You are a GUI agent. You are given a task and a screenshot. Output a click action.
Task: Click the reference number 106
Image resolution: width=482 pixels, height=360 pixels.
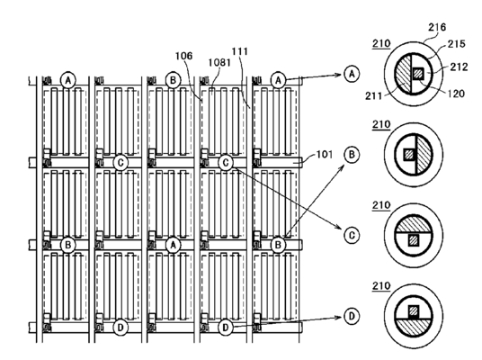(183, 56)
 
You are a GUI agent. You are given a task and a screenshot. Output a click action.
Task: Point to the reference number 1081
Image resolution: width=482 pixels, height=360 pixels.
(219, 62)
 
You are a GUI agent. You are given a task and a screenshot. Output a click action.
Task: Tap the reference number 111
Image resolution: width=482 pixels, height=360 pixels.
(239, 51)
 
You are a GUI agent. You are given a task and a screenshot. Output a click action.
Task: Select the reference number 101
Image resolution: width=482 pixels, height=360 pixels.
(325, 154)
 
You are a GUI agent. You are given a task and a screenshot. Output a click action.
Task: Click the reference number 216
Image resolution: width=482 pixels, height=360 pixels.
(437, 27)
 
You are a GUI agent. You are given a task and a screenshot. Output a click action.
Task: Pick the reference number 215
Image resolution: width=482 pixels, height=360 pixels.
(456, 44)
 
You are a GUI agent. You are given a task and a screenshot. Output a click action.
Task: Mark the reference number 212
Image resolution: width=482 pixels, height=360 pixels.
(459, 67)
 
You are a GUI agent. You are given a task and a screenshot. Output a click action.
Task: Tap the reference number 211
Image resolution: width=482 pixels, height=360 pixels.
(373, 96)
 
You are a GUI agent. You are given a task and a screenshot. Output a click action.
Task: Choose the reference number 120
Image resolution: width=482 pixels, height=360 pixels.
(455, 94)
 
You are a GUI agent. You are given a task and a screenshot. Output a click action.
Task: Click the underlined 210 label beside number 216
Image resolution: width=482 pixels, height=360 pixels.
(381, 44)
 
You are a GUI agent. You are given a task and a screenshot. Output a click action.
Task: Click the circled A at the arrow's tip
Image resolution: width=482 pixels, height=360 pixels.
(352, 74)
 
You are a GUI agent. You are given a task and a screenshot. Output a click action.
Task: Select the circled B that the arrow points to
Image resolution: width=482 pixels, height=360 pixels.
(352, 155)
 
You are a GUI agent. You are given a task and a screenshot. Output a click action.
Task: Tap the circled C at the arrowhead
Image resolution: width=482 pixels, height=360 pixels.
(352, 236)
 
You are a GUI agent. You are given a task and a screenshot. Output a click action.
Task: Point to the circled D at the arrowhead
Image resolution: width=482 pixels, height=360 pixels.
(352, 316)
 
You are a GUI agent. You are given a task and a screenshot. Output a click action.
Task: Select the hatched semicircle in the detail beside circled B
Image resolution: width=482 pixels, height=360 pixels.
(424, 155)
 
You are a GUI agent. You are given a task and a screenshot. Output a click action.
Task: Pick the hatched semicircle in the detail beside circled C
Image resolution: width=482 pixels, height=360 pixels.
(414, 225)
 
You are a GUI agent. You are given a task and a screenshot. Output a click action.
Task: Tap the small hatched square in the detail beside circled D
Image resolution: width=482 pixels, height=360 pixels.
(414, 311)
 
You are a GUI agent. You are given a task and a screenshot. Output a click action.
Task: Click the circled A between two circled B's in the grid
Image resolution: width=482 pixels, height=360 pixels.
(173, 245)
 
